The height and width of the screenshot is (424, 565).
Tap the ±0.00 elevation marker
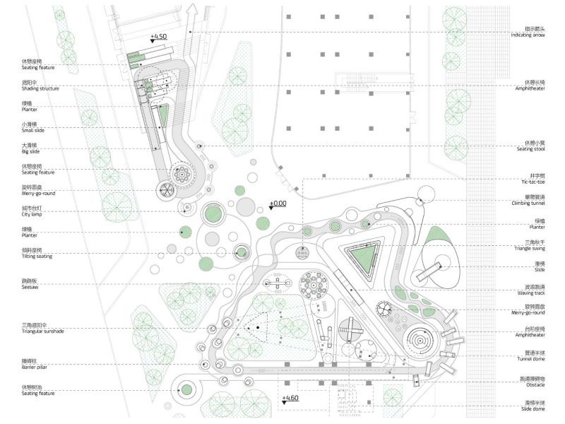278,204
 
